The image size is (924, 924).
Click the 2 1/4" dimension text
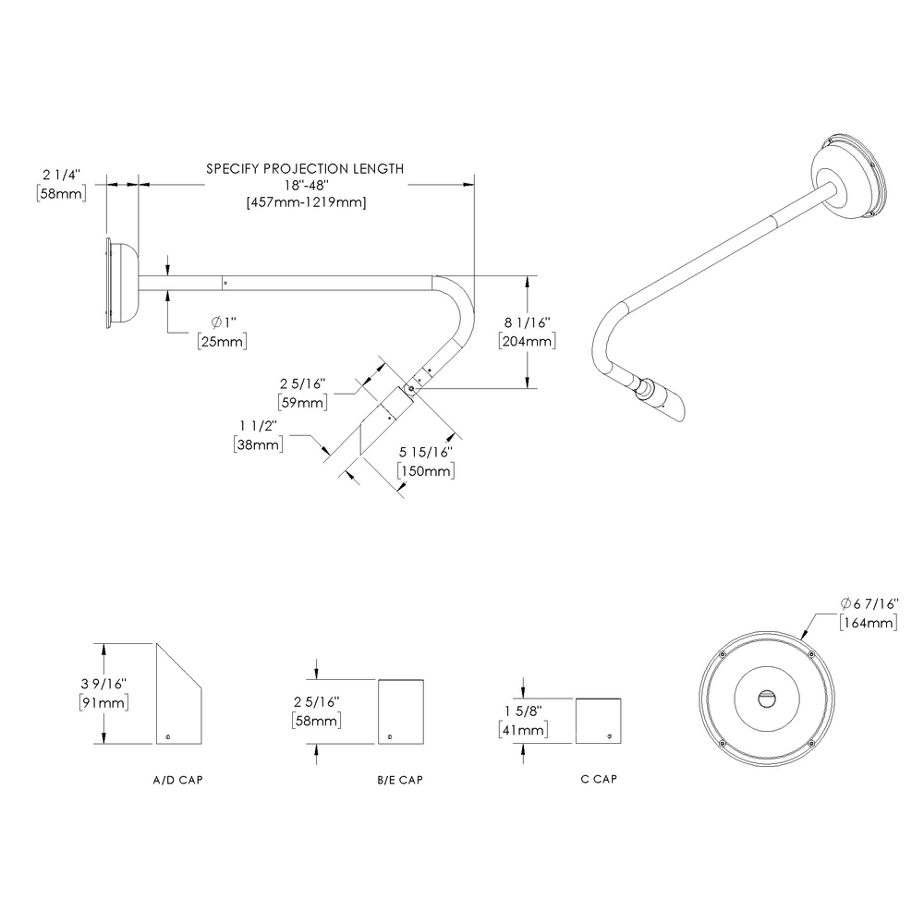[x=62, y=174]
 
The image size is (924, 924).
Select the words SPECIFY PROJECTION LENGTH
[x=305, y=169]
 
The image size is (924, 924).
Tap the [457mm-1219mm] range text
[x=305, y=202]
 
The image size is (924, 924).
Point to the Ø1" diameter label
[x=224, y=322]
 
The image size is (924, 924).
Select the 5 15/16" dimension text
[x=424, y=453]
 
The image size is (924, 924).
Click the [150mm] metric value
[x=424, y=471]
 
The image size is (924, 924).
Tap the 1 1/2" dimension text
[x=258, y=425]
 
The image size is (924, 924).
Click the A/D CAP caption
[x=177, y=780]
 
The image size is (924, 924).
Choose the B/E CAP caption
[x=400, y=780]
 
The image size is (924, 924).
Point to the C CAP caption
[x=599, y=779]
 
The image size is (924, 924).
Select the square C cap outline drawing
[x=598, y=720]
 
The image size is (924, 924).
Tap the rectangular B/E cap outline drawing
[x=400, y=711]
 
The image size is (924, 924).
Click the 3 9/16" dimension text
[x=103, y=684]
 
